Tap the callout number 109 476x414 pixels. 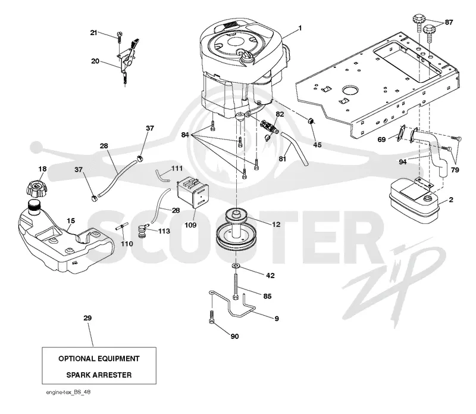pos(190,225)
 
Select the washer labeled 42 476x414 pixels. pos(236,266)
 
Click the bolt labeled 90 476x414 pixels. pos(211,317)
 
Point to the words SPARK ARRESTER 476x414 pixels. pos(99,375)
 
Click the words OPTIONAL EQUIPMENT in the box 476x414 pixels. pos(99,359)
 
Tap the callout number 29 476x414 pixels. pos(87,318)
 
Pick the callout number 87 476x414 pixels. pos(449,22)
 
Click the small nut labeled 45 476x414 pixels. pos(311,121)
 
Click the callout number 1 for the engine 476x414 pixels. pos(300,28)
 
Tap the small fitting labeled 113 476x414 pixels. pos(142,231)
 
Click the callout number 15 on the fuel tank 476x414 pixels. pos(71,220)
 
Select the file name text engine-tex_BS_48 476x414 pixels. pos(68,392)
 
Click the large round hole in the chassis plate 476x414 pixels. pos(350,90)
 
